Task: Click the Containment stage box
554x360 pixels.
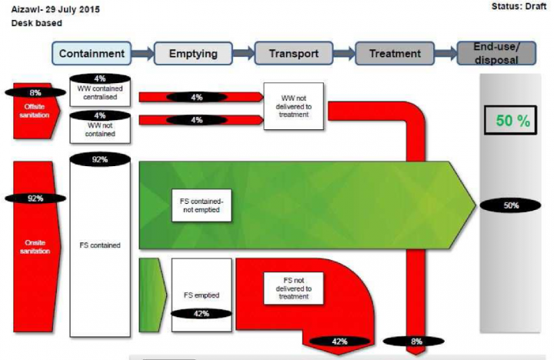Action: point(92,54)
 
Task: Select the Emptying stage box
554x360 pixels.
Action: point(192,54)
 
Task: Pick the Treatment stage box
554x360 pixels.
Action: point(395,54)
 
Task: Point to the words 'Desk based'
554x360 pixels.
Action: point(36,24)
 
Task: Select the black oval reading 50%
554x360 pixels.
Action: point(511,206)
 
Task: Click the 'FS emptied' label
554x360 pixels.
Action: point(200,295)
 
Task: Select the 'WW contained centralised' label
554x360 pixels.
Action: point(99,93)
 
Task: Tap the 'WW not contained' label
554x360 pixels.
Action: point(99,128)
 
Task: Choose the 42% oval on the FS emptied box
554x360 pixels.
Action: point(200,313)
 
